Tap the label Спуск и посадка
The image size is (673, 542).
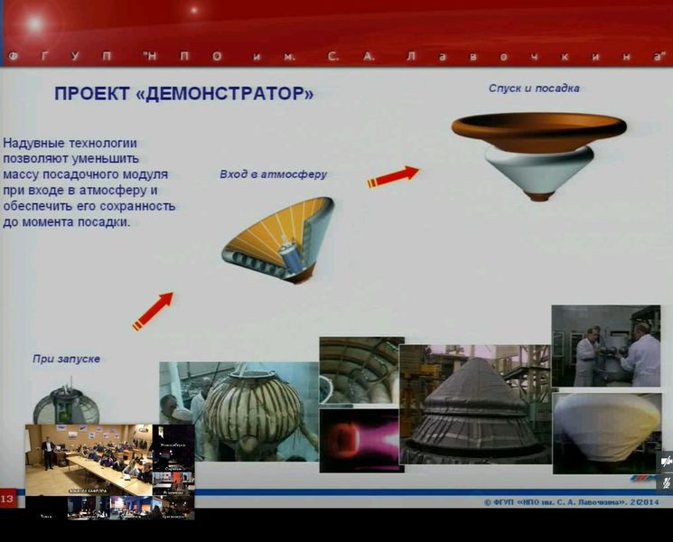[x=533, y=89]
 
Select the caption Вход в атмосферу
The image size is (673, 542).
[x=273, y=173]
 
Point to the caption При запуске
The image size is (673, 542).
[x=66, y=359]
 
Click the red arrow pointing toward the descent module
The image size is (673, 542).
[x=393, y=176]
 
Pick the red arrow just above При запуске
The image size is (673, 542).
[x=152, y=312]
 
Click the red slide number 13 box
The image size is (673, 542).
[x=7, y=500]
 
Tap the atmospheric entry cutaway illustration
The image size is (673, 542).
[x=280, y=239]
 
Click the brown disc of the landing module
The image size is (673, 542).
[x=538, y=128]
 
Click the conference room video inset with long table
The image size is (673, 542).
[x=88, y=460]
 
